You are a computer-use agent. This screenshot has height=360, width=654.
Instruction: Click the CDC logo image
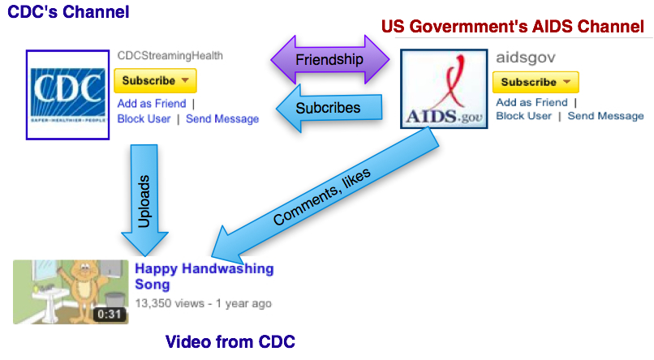click(x=67, y=94)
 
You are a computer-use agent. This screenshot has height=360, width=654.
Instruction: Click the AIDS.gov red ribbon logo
click(x=445, y=88)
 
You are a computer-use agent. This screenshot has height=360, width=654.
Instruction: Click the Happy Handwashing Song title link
click(x=204, y=276)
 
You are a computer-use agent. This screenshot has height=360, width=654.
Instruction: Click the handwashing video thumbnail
click(x=71, y=291)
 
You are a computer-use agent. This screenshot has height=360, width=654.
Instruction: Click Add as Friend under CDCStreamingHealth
click(x=151, y=104)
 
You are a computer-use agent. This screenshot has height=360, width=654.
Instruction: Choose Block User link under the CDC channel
click(x=144, y=119)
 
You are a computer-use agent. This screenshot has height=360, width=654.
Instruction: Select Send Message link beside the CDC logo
click(x=222, y=119)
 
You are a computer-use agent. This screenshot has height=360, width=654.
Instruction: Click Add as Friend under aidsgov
click(x=531, y=102)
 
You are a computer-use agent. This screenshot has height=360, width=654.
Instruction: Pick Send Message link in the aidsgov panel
click(x=605, y=116)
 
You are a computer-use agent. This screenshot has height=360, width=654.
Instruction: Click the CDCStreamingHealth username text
click(x=170, y=56)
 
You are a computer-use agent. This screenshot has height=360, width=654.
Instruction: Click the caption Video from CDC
click(x=230, y=341)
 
